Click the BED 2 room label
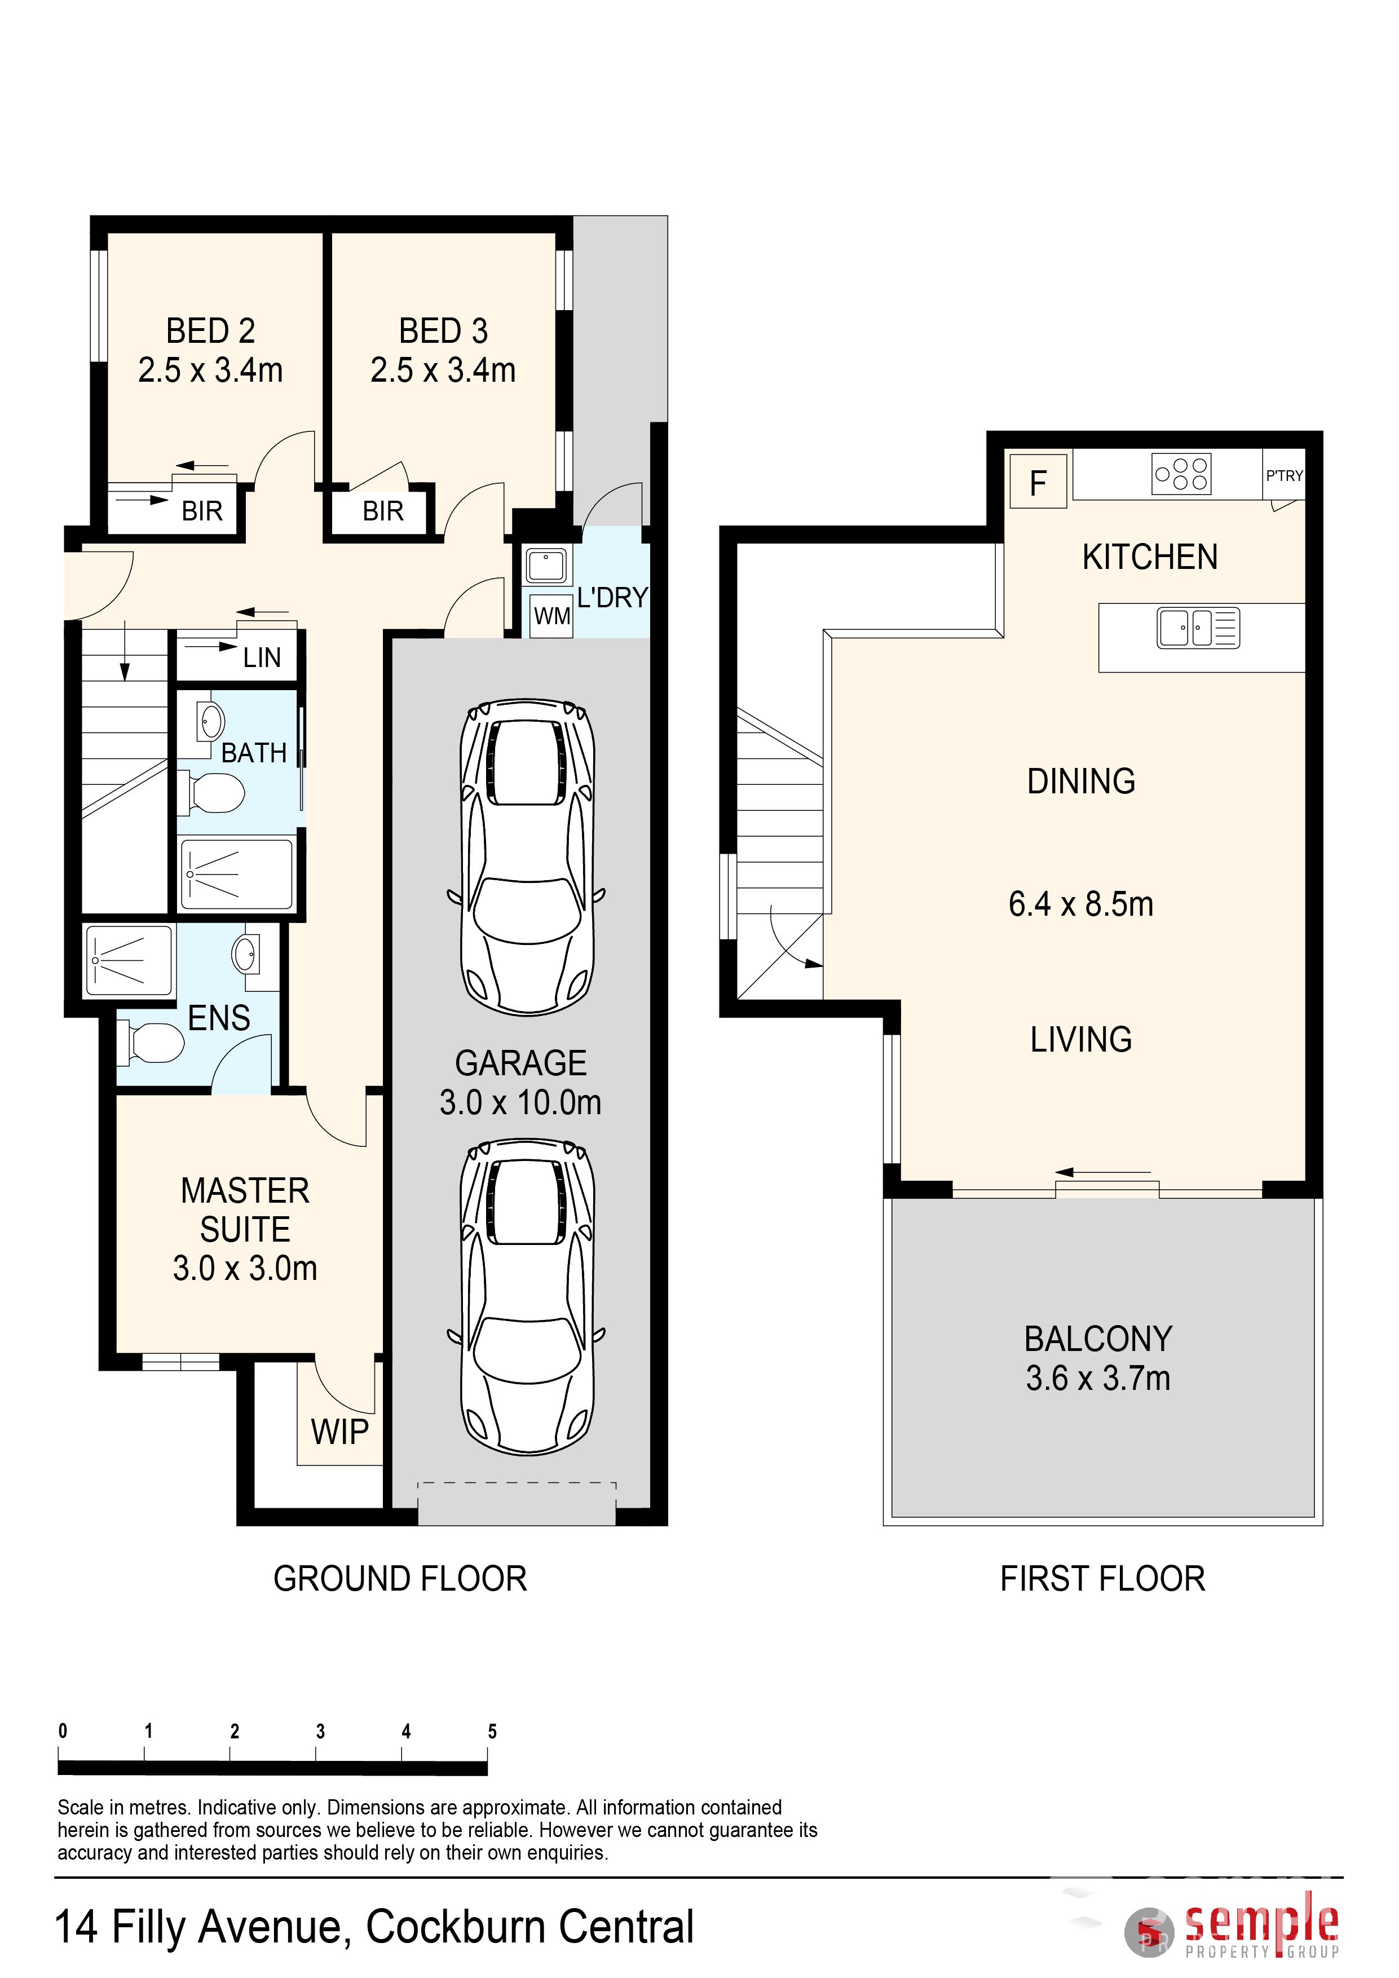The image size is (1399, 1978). click(x=210, y=331)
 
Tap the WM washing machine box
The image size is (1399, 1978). click(x=551, y=616)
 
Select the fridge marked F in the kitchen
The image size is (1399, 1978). click(x=1038, y=482)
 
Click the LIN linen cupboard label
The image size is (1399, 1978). click(x=262, y=658)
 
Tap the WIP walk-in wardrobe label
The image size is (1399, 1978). click(x=339, y=1432)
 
